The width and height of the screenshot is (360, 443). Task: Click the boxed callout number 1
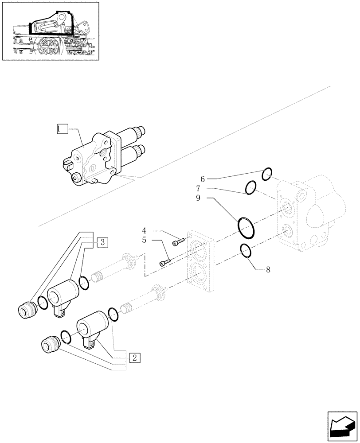click(x=62, y=129)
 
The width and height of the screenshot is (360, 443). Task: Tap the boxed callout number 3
click(x=102, y=242)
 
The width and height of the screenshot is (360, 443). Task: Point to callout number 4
click(x=144, y=230)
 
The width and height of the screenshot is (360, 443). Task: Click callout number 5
click(x=144, y=241)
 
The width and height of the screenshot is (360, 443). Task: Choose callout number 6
click(x=202, y=179)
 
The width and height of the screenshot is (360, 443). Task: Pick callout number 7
click(x=202, y=189)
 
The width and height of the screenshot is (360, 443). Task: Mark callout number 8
click(x=268, y=269)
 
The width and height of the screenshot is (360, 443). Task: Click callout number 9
click(x=202, y=198)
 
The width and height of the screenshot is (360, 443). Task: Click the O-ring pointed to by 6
click(x=266, y=175)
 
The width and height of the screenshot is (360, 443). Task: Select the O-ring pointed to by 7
click(x=251, y=188)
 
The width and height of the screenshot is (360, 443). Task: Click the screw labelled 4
click(x=178, y=242)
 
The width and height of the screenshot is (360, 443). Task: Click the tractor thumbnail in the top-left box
click(x=50, y=31)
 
